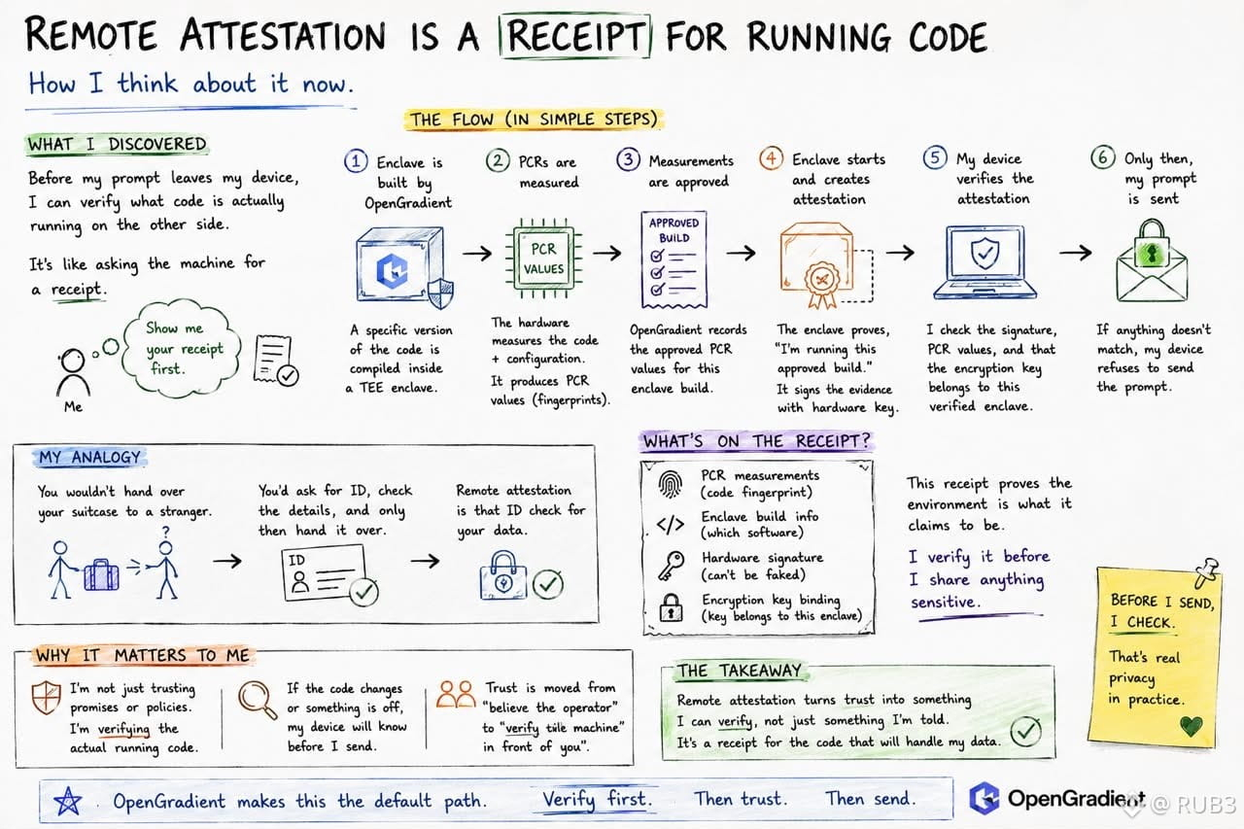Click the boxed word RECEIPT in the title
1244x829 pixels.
tap(574, 36)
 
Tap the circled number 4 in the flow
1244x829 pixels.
tap(771, 158)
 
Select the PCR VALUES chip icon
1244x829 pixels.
tap(543, 259)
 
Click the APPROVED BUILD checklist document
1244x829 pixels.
tap(674, 259)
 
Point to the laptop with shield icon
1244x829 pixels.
tap(985, 262)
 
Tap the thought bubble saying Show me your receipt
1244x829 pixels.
tap(182, 349)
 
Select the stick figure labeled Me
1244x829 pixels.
tap(73, 372)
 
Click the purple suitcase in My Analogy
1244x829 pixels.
tap(101, 574)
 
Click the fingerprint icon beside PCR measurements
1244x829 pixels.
tap(670, 484)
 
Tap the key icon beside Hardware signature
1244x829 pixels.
tap(671, 566)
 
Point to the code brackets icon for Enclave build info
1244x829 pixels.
tap(671, 524)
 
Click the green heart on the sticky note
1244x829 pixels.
tap(1192, 725)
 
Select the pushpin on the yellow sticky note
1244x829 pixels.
tap(1206, 571)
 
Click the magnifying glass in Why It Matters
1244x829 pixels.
tap(258, 700)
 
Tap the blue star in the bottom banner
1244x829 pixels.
tap(68, 801)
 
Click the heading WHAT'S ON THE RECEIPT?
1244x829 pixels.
tap(756, 441)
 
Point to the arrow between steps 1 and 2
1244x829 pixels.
tap(477, 254)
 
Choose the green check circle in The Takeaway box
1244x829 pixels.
tap(1025, 731)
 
